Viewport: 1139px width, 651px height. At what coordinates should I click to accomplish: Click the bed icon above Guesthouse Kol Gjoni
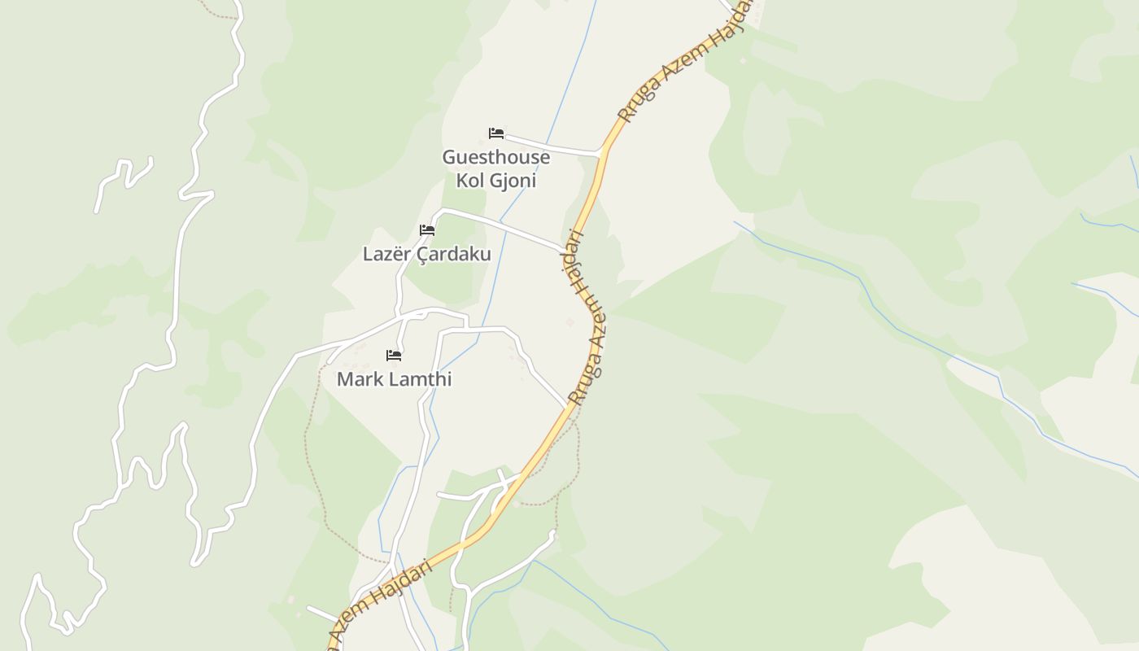click(x=496, y=133)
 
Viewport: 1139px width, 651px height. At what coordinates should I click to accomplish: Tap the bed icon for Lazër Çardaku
click(x=427, y=230)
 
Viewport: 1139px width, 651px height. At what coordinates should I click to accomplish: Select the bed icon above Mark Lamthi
click(x=394, y=356)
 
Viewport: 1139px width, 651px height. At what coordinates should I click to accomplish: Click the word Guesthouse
click(x=495, y=157)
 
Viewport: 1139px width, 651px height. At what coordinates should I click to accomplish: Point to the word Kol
click(x=469, y=181)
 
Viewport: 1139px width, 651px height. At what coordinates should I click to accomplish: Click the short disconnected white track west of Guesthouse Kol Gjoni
click(x=122, y=179)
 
